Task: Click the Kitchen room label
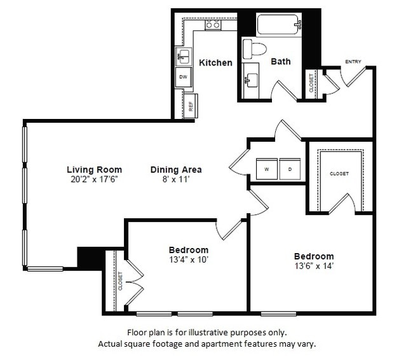point(215,62)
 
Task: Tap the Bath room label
point(281,61)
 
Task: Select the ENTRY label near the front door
point(353,62)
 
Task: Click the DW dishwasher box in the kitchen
point(184,78)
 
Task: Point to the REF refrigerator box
point(191,106)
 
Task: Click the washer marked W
point(267,169)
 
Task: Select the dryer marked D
point(289,169)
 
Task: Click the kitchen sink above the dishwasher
point(183,57)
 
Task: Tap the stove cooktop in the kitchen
point(212,25)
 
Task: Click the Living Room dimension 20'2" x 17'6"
point(94,179)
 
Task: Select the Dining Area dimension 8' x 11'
point(176,179)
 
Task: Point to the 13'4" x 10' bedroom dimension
point(189,260)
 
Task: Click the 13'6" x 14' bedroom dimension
point(314,266)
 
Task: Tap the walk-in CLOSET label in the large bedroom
point(339,174)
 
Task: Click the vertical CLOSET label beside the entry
point(311,83)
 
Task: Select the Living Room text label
point(94,170)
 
